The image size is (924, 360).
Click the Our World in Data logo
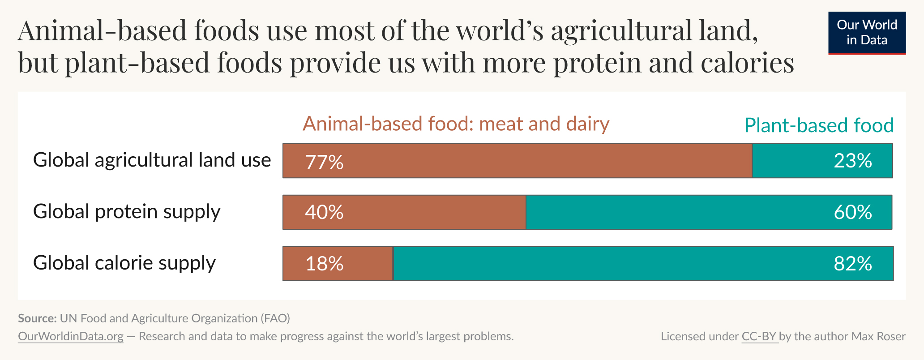click(x=867, y=33)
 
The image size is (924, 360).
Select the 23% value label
click(x=852, y=161)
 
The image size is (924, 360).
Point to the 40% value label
click(x=324, y=212)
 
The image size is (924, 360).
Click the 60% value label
click(x=852, y=212)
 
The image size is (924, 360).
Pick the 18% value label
click(x=324, y=264)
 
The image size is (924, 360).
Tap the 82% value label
click(x=852, y=264)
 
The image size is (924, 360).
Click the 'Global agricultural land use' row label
click(x=152, y=160)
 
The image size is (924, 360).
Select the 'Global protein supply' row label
click(x=127, y=212)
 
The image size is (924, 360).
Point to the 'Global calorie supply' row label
click(x=124, y=263)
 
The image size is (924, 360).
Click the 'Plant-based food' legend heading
click(x=819, y=125)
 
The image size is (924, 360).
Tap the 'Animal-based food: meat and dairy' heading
click(x=456, y=124)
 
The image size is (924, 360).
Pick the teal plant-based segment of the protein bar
click(x=672, y=212)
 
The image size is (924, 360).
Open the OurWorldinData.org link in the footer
click(x=71, y=336)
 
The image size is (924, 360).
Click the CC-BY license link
click(x=759, y=336)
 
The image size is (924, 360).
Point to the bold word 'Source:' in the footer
click(x=37, y=318)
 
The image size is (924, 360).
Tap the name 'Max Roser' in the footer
click(x=878, y=336)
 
